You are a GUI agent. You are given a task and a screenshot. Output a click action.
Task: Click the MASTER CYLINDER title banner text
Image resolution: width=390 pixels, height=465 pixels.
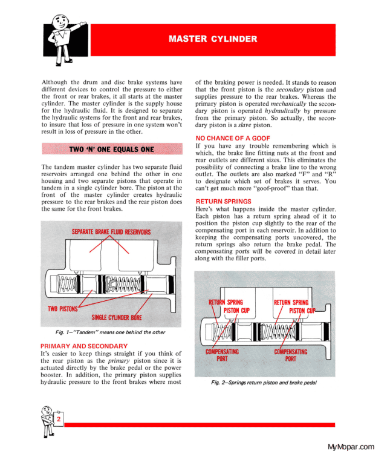212,39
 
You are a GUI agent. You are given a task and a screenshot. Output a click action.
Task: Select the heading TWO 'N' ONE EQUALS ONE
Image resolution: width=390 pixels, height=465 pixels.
111,149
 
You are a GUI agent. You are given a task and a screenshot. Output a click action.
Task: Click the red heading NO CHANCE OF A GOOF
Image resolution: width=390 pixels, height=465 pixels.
230,139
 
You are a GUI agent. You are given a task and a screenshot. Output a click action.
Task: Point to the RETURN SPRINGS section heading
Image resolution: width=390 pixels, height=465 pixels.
223,202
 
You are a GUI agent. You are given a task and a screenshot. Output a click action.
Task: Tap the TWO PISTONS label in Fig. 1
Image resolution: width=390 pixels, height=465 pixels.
63,309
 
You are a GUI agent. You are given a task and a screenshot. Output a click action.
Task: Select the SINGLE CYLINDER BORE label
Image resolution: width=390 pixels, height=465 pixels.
117,317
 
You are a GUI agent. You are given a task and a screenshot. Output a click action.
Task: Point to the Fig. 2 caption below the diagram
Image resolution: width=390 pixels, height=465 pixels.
264,383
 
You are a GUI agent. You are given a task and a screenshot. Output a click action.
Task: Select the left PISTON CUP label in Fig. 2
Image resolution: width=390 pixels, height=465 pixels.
236,311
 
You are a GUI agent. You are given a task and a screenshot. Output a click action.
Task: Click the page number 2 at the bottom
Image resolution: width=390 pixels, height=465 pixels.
59,419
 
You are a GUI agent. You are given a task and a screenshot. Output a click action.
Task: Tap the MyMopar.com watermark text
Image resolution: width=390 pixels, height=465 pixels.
351,447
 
